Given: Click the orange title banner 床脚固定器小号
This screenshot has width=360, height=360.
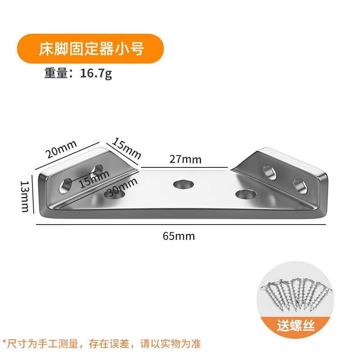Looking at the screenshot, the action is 90,48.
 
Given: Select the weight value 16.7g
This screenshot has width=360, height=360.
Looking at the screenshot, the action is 96,73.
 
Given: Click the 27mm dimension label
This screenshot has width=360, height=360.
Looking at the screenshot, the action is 185,159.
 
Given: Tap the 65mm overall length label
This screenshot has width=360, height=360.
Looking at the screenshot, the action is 179,236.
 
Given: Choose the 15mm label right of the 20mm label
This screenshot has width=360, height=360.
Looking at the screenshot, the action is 126,148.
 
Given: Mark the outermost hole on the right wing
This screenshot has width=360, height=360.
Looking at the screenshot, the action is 300,184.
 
